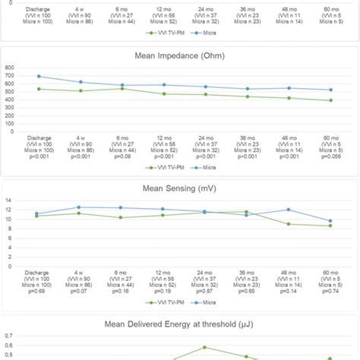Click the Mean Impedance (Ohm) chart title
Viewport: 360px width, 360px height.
179,54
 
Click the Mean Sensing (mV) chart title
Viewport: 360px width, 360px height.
179,187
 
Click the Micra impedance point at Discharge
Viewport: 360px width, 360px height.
37,76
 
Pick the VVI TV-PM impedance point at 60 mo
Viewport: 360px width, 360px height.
330,100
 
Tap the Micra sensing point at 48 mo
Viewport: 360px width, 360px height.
288,210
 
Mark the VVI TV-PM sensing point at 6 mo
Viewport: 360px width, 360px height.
121,218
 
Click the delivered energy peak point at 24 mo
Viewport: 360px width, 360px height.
204,347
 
